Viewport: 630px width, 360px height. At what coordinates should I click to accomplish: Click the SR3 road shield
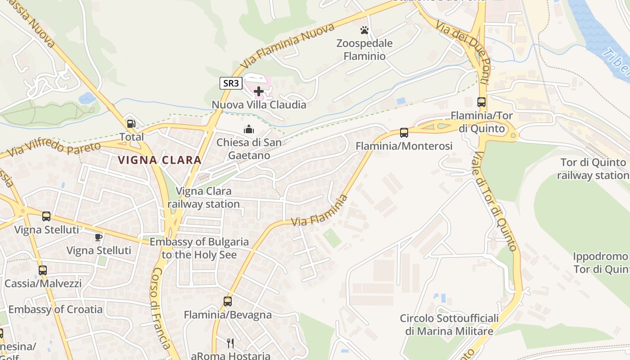(x=231, y=83)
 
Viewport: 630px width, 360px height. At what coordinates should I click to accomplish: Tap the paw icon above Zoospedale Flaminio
(x=364, y=30)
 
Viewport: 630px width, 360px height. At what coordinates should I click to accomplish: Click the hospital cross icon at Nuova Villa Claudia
(x=259, y=91)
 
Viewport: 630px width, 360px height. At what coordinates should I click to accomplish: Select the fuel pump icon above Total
(x=131, y=123)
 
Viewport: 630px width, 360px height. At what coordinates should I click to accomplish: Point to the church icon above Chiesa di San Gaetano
(x=248, y=130)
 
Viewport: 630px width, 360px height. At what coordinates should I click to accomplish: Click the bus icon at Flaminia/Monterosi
(x=404, y=132)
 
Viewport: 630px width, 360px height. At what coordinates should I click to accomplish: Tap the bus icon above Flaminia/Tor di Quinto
(x=481, y=102)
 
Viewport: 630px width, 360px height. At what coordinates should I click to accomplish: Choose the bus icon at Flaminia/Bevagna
(x=228, y=301)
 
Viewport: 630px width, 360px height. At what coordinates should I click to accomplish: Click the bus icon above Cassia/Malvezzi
(x=43, y=270)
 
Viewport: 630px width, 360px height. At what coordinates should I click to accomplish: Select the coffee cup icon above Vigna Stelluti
(x=99, y=237)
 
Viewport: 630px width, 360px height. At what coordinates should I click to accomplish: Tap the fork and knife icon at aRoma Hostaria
(x=230, y=343)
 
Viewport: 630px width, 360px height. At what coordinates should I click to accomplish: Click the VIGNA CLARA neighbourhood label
(x=160, y=160)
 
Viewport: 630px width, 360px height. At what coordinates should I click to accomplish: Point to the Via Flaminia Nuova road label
(x=288, y=46)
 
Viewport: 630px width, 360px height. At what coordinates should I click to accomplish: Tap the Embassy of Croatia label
(x=55, y=310)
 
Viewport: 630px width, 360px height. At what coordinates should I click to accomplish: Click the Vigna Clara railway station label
(x=204, y=198)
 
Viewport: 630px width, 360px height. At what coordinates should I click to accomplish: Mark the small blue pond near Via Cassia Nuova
(x=87, y=98)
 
